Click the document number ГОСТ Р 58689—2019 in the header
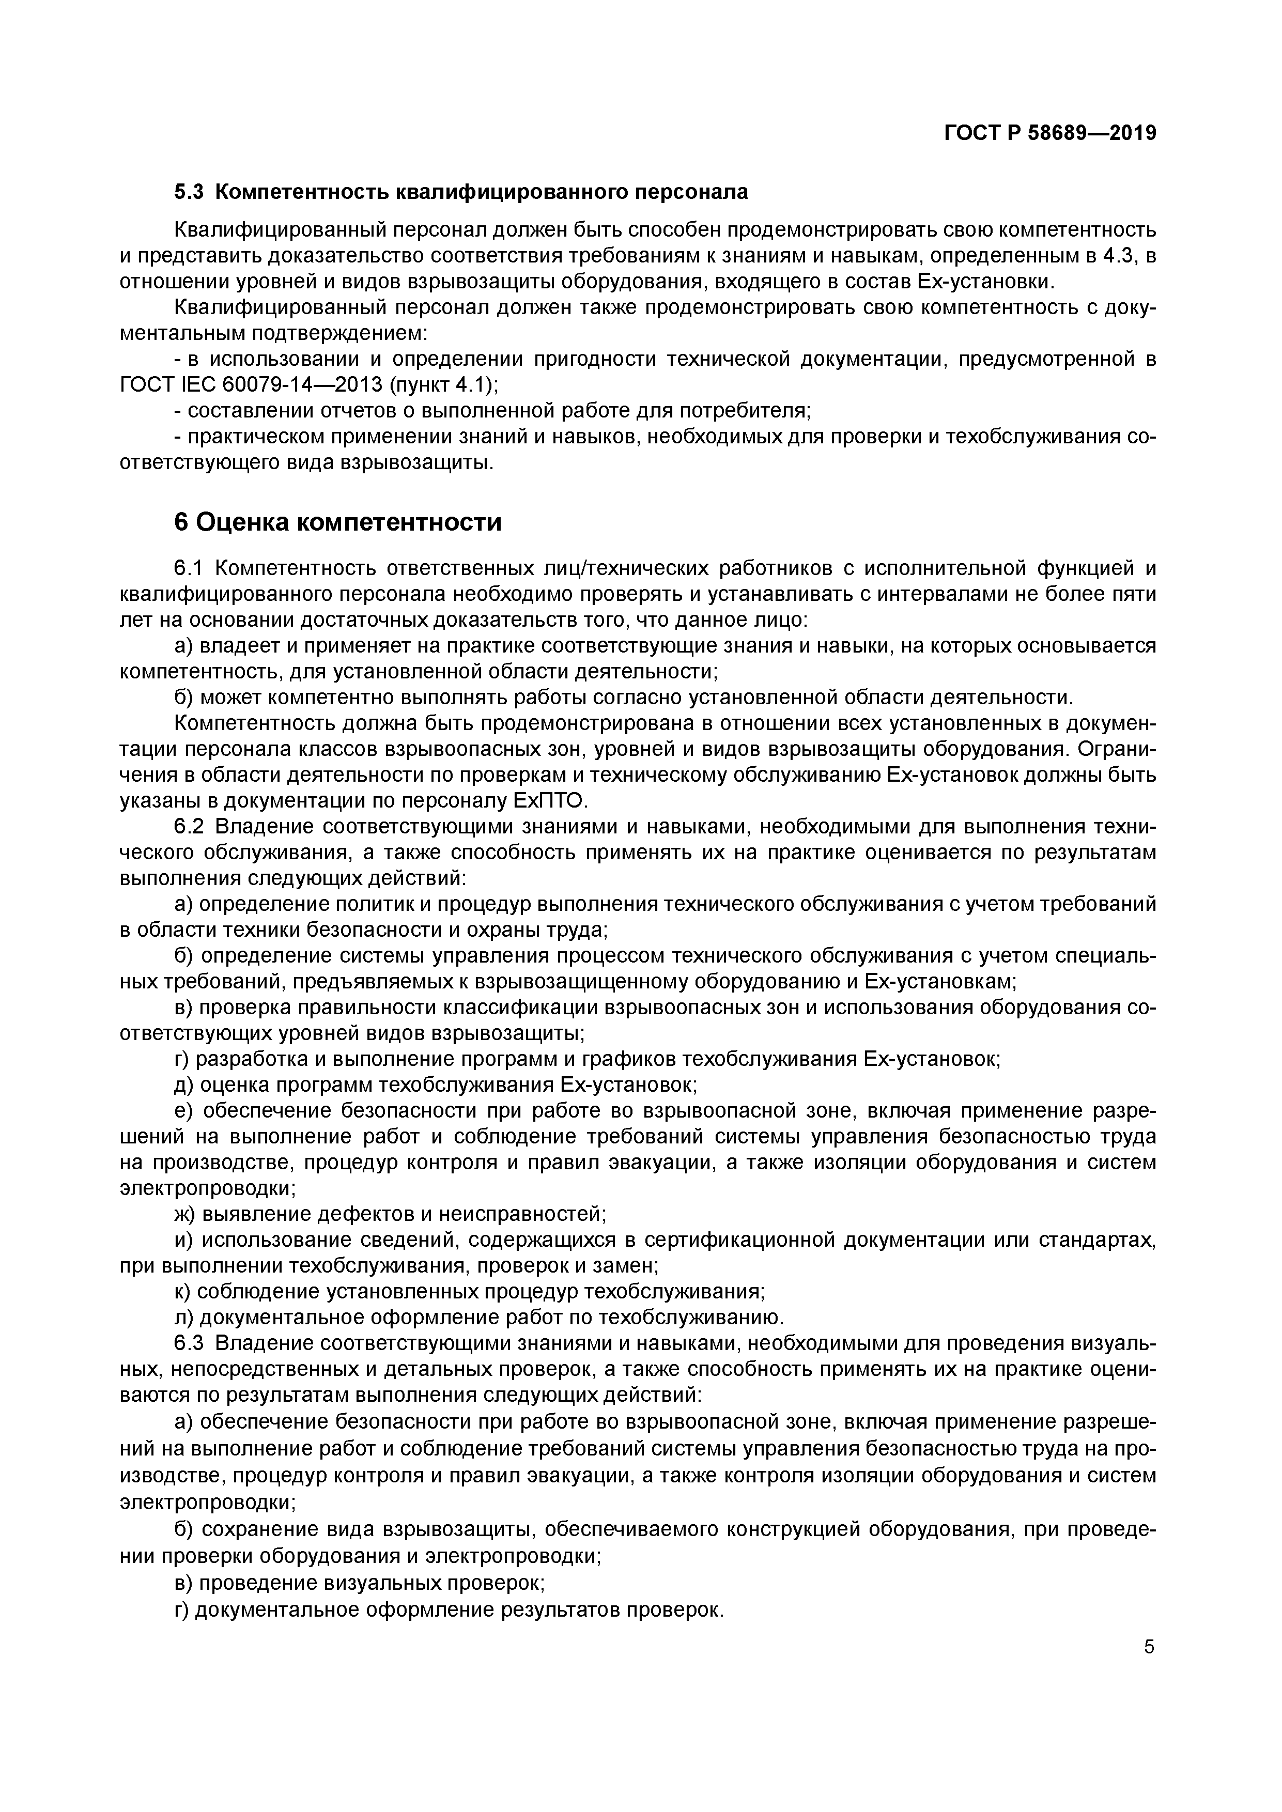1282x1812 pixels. pos(1050,133)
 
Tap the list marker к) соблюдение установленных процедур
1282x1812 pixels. pos(182,1291)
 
